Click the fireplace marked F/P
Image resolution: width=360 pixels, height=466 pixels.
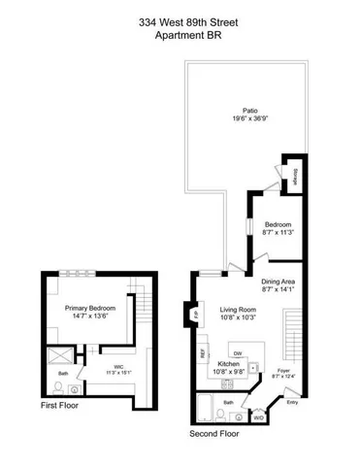pos(195,315)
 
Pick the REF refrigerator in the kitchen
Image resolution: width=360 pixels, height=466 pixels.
pos(204,355)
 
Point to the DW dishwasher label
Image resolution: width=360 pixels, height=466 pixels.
pos(236,352)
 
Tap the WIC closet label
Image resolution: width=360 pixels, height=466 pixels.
pos(118,366)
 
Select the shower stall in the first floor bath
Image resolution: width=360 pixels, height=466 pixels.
pos(62,354)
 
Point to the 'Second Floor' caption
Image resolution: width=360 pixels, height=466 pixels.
pos(215,435)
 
